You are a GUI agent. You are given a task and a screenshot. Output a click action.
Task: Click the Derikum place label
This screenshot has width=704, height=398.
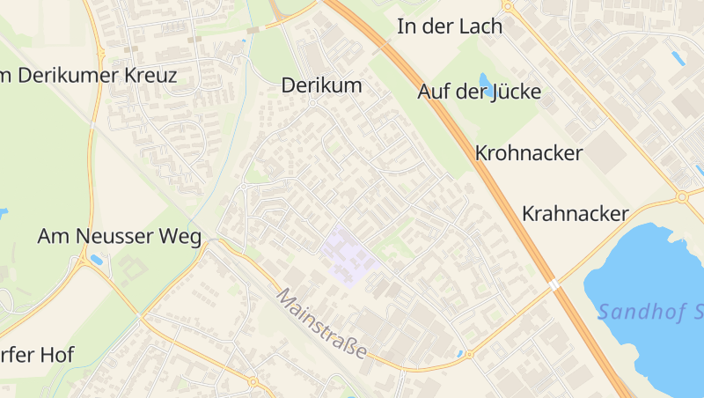click(321, 85)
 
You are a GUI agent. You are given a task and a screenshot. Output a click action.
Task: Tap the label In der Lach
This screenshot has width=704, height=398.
click(450, 26)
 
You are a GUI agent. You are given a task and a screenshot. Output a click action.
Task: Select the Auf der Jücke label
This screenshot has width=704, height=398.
click(479, 91)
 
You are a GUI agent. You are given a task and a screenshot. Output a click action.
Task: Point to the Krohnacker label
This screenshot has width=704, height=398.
click(528, 153)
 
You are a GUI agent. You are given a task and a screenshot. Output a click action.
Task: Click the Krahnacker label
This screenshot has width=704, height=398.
click(575, 213)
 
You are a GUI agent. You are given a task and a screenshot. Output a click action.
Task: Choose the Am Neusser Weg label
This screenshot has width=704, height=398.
click(119, 236)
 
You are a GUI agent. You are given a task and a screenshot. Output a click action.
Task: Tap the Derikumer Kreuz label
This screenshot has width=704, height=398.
click(88, 76)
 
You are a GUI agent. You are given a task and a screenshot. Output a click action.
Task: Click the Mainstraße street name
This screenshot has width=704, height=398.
click(322, 323)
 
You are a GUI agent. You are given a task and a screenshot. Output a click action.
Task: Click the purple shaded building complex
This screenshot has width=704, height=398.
click(348, 254)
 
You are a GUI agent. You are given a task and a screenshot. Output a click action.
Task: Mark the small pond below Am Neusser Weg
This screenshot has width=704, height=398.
click(96, 260)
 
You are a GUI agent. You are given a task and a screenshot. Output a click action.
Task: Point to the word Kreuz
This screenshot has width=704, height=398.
click(150, 76)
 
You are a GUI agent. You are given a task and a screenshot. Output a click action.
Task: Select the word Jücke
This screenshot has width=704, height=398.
click(514, 91)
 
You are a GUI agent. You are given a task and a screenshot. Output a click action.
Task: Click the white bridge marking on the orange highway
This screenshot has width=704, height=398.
click(554, 285)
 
